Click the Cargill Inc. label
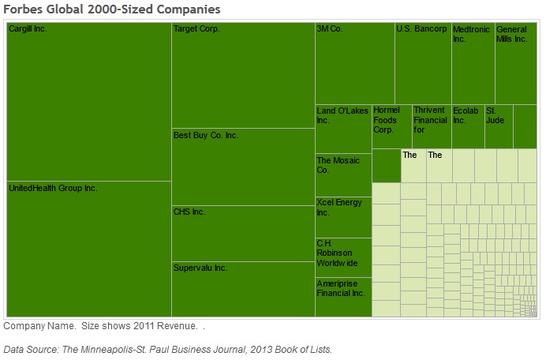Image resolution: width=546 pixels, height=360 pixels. (28, 29)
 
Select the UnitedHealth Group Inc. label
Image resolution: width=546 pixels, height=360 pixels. (52, 189)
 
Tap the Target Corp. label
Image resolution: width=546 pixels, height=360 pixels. (196, 29)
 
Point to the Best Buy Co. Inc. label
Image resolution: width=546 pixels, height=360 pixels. (205, 136)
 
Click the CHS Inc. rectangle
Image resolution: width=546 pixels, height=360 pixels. (243, 234)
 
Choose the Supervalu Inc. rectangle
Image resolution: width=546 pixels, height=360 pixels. (243, 289)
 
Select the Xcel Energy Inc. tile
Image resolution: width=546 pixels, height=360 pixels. (342, 217)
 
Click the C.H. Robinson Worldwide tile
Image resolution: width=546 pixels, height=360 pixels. (342, 257)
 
